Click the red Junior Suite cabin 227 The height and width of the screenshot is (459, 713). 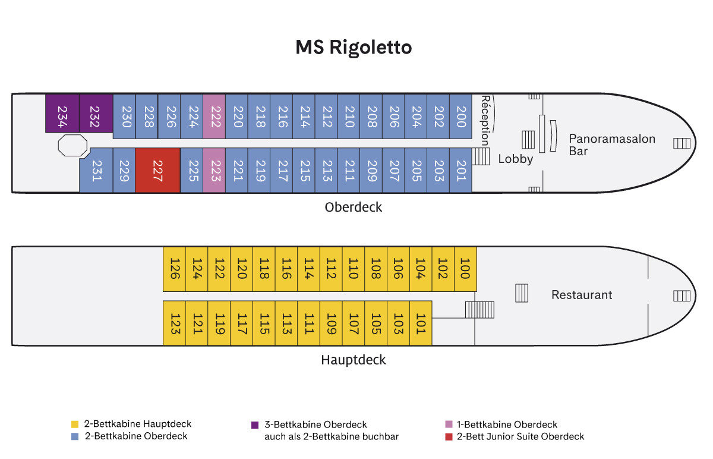(x=157, y=170)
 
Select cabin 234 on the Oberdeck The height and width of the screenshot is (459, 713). (x=62, y=114)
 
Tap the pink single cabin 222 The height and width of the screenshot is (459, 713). (x=214, y=117)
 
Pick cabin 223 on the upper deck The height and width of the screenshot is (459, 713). (x=214, y=170)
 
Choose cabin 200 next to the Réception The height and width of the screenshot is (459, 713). (x=461, y=117)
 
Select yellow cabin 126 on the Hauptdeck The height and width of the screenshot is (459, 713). (x=175, y=269)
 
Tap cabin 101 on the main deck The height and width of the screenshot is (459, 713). (x=421, y=323)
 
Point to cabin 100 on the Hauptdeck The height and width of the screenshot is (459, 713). (x=465, y=269)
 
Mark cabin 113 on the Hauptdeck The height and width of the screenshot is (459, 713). (x=286, y=323)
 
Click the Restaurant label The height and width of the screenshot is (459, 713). (x=582, y=295)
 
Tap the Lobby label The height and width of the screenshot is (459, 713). (x=516, y=159)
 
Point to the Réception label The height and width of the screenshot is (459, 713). (x=486, y=120)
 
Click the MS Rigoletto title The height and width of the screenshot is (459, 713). (x=354, y=47)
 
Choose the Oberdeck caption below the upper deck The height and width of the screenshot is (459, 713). (x=354, y=208)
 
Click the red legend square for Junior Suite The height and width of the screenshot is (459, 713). (x=449, y=436)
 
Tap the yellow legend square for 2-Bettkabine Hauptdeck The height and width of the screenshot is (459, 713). (x=75, y=425)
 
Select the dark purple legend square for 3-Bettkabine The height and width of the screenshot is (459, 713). (x=255, y=425)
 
